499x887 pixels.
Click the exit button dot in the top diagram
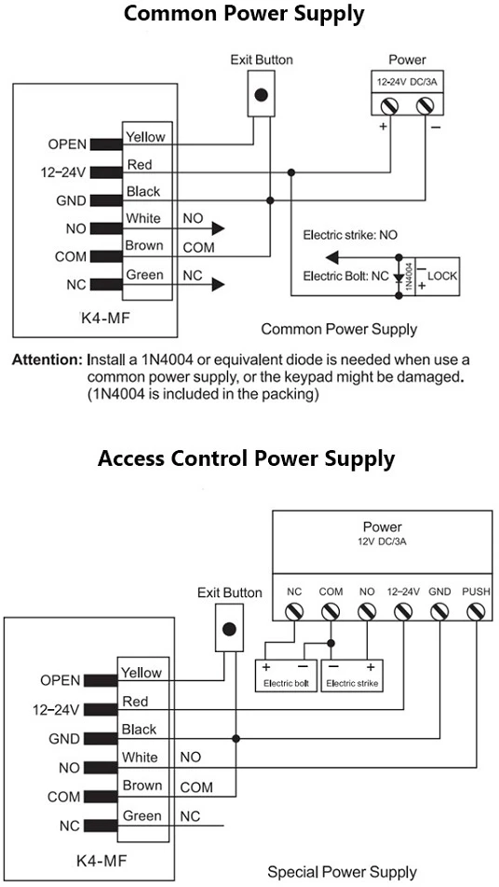click(x=261, y=95)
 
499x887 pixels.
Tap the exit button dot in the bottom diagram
click(x=229, y=629)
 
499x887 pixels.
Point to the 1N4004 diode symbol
click(x=399, y=278)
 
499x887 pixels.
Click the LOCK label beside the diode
click(x=442, y=276)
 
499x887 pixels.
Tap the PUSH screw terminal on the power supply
click(x=476, y=611)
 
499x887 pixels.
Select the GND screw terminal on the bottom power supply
click(x=439, y=611)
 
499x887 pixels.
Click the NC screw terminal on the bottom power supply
click(x=294, y=611)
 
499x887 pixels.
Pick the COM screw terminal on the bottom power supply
click(x=330, y=611)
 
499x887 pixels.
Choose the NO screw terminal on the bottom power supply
click(x=367, y=611)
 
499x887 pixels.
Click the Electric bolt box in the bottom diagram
click(x=286, y=675)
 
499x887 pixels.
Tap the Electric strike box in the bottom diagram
click(x=352, y=675)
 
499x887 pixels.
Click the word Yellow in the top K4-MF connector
click(x=145, y=137)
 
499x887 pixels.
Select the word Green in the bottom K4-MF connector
click(x=142, y=816)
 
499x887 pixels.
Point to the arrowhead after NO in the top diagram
click(x=218, y=228)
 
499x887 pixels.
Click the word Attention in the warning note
click(x=48, y=360)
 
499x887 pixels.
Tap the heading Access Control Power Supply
click(x=246, y=457)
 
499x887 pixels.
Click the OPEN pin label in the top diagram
click(x=67, y=144)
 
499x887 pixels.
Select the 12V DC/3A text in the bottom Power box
click(x=382, y=541)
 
